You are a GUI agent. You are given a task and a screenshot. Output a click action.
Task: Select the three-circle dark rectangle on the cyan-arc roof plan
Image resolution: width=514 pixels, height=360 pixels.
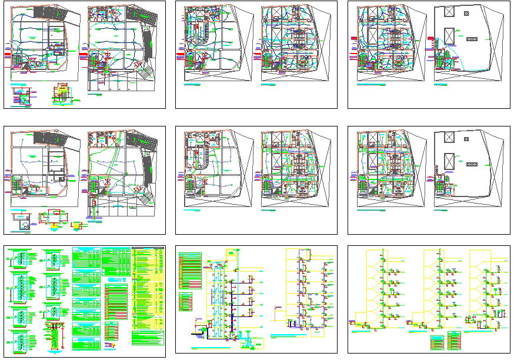point(472,38)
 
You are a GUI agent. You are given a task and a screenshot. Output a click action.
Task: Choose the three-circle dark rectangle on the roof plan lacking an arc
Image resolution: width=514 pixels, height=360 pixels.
point(472,163)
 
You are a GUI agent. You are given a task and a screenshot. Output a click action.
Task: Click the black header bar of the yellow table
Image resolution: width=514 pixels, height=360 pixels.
point(148,248)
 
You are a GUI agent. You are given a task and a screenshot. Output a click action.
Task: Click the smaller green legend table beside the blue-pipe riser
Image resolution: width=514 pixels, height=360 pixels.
point(186,301)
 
